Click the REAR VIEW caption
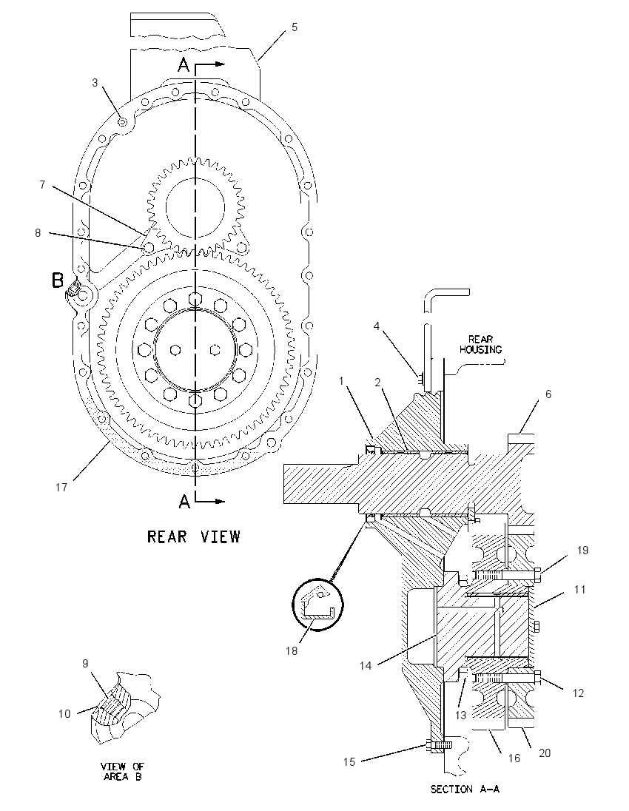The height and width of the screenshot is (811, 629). pos(194,536)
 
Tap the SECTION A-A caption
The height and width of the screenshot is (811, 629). pos(465,790)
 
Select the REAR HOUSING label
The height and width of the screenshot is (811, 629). pos(480,345)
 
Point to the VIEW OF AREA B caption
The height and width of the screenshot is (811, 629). pos(123,771)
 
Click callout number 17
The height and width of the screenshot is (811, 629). pos(61,487)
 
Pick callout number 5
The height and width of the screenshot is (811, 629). pos(295,27)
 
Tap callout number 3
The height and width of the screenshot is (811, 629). pos(95,83)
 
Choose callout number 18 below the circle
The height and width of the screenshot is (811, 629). pos(292,650)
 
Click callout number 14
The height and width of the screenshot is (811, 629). pos(366,666)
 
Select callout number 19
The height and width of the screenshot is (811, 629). pos(582,551)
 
